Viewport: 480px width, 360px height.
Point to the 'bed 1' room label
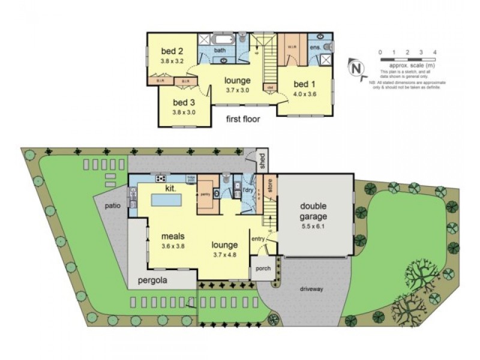pos(304,83)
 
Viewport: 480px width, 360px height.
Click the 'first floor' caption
pos(242,119)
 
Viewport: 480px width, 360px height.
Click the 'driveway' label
pos(313,289)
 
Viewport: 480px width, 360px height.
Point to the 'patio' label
pos(112,205)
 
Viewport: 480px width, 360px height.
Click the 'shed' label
pos(262,160)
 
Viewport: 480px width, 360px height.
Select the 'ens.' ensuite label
pos(315,46)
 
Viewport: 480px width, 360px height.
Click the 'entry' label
pos(258,239)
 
